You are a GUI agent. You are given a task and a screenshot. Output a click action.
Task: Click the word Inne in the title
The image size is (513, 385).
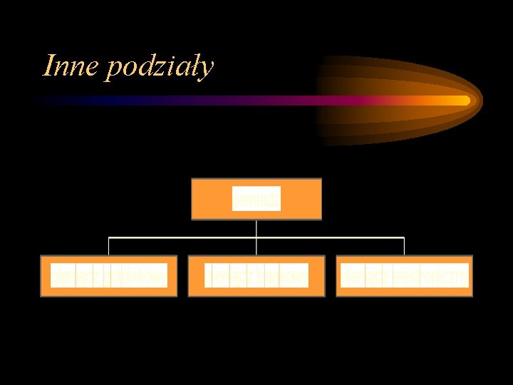(71, 66)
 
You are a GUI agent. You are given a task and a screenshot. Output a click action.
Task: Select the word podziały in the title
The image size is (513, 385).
(160, 68)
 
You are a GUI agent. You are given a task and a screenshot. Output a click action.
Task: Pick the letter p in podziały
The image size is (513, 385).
(113, 70)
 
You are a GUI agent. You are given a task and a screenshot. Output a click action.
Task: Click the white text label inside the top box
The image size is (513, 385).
(256, 200)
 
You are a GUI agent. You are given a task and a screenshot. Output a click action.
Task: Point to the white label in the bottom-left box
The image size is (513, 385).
(109, 276)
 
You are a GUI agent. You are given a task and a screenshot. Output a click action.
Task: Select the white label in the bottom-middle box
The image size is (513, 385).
(256, 276)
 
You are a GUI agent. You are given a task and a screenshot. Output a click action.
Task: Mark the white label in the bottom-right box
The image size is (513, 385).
(405, 276)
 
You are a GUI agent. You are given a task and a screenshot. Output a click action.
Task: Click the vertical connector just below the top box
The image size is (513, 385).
(256, 228)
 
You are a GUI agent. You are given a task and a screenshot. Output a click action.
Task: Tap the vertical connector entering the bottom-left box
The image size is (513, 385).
(108, 246)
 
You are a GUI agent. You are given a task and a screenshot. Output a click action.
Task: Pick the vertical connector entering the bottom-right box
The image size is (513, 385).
(404, 246)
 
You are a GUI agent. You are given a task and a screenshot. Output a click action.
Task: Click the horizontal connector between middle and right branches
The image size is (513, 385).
(331, 237)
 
